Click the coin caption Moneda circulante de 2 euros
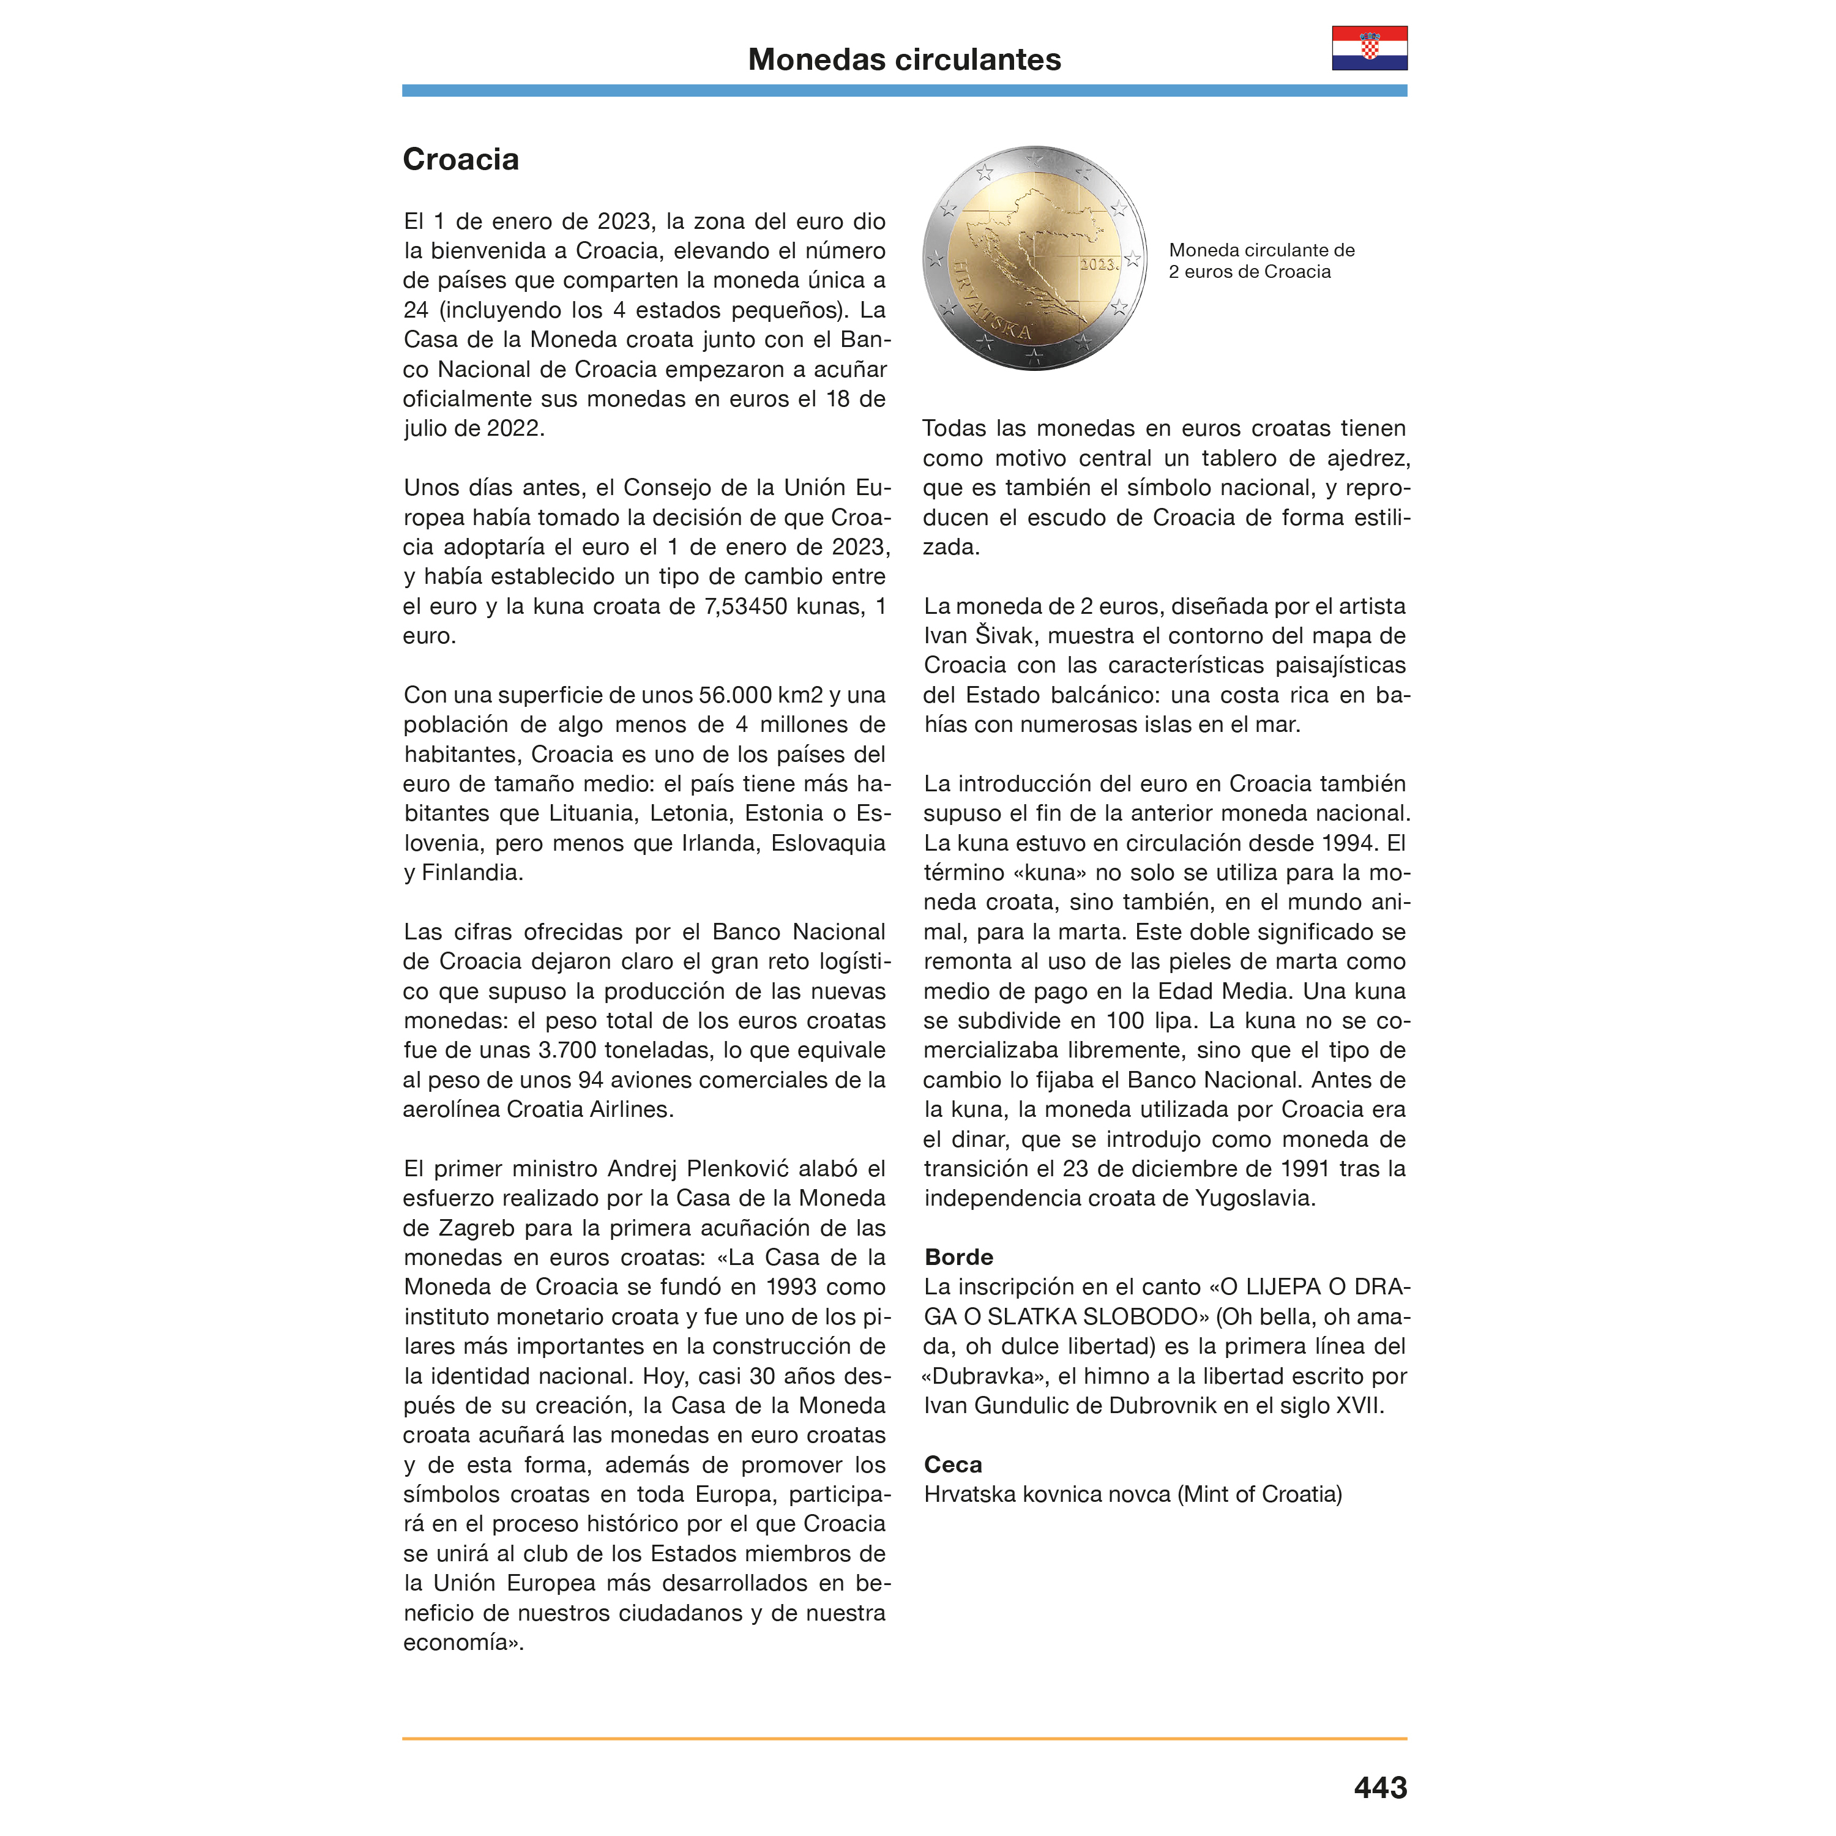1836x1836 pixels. tap(1261, 260)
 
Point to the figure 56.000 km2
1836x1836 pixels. tap(760, 695)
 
